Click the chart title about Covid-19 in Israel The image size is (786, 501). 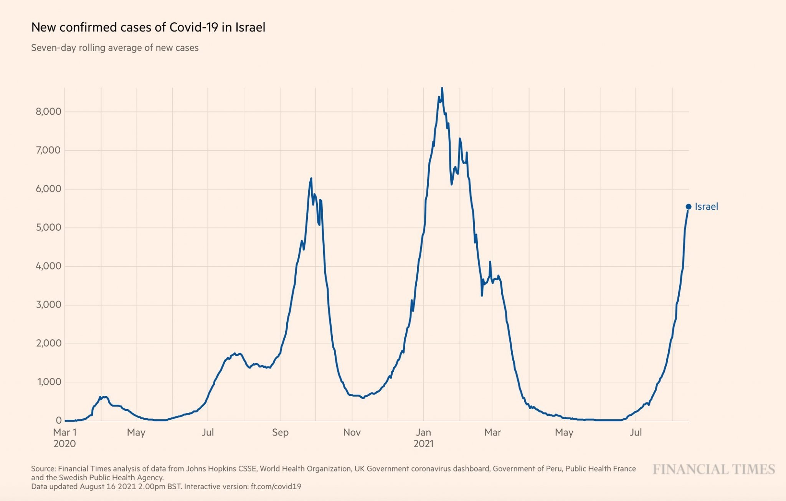point(148,28)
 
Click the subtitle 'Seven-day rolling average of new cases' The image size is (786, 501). point(115,48)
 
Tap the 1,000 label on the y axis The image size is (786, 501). point(48,382)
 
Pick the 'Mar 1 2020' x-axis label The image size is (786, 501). point(65,438)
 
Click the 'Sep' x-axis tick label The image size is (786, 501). point(280,433)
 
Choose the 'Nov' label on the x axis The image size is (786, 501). point(352,433)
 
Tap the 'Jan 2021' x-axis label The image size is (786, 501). point(423,438)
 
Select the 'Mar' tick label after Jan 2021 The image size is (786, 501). point(492,433)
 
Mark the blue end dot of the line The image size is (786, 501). point(689,207)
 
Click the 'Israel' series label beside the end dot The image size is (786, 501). point(706,207)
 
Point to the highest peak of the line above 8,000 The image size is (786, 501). point(442,88)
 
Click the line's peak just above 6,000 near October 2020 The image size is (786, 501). point(311,179)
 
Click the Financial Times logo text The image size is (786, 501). point(714,470)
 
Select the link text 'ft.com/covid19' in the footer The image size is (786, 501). point(276,487)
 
